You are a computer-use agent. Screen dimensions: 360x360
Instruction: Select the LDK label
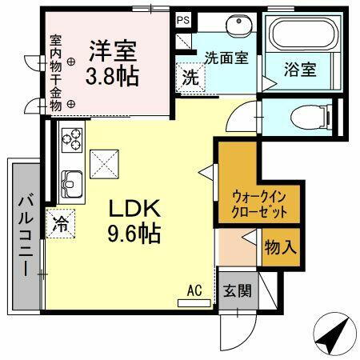[135, 210]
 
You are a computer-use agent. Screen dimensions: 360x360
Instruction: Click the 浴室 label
[301, 70]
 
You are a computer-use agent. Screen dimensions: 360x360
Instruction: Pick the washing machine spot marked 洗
[190, 78]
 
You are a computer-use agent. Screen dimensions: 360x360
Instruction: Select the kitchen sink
[70, 186]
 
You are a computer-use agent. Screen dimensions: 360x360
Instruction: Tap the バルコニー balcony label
[22, 235]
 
